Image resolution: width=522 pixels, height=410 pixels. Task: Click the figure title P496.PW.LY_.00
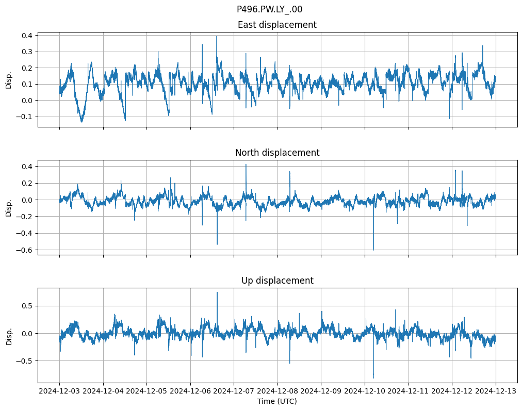pos(269,9)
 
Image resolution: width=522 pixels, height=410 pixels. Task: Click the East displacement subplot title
pos(277,25)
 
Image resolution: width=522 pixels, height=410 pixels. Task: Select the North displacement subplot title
pos(277,153)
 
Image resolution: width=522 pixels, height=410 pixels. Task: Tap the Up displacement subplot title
pos(277,281)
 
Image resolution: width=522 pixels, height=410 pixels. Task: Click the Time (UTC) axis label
pos(277,401)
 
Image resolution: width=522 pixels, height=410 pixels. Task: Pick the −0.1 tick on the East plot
pos(25,117)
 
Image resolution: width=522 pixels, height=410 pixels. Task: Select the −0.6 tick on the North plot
pos(25,250)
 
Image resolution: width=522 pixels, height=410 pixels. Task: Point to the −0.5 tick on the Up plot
pos(25,361)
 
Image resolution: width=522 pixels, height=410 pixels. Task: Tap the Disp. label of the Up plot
pos(9,336)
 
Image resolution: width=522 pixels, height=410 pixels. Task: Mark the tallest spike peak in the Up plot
pos(217,292)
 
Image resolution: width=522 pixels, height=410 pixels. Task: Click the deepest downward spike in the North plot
pos(373,250)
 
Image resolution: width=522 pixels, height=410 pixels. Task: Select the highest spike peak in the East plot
pos(217,37)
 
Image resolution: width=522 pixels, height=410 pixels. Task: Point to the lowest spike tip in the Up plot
pos(373,378)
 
